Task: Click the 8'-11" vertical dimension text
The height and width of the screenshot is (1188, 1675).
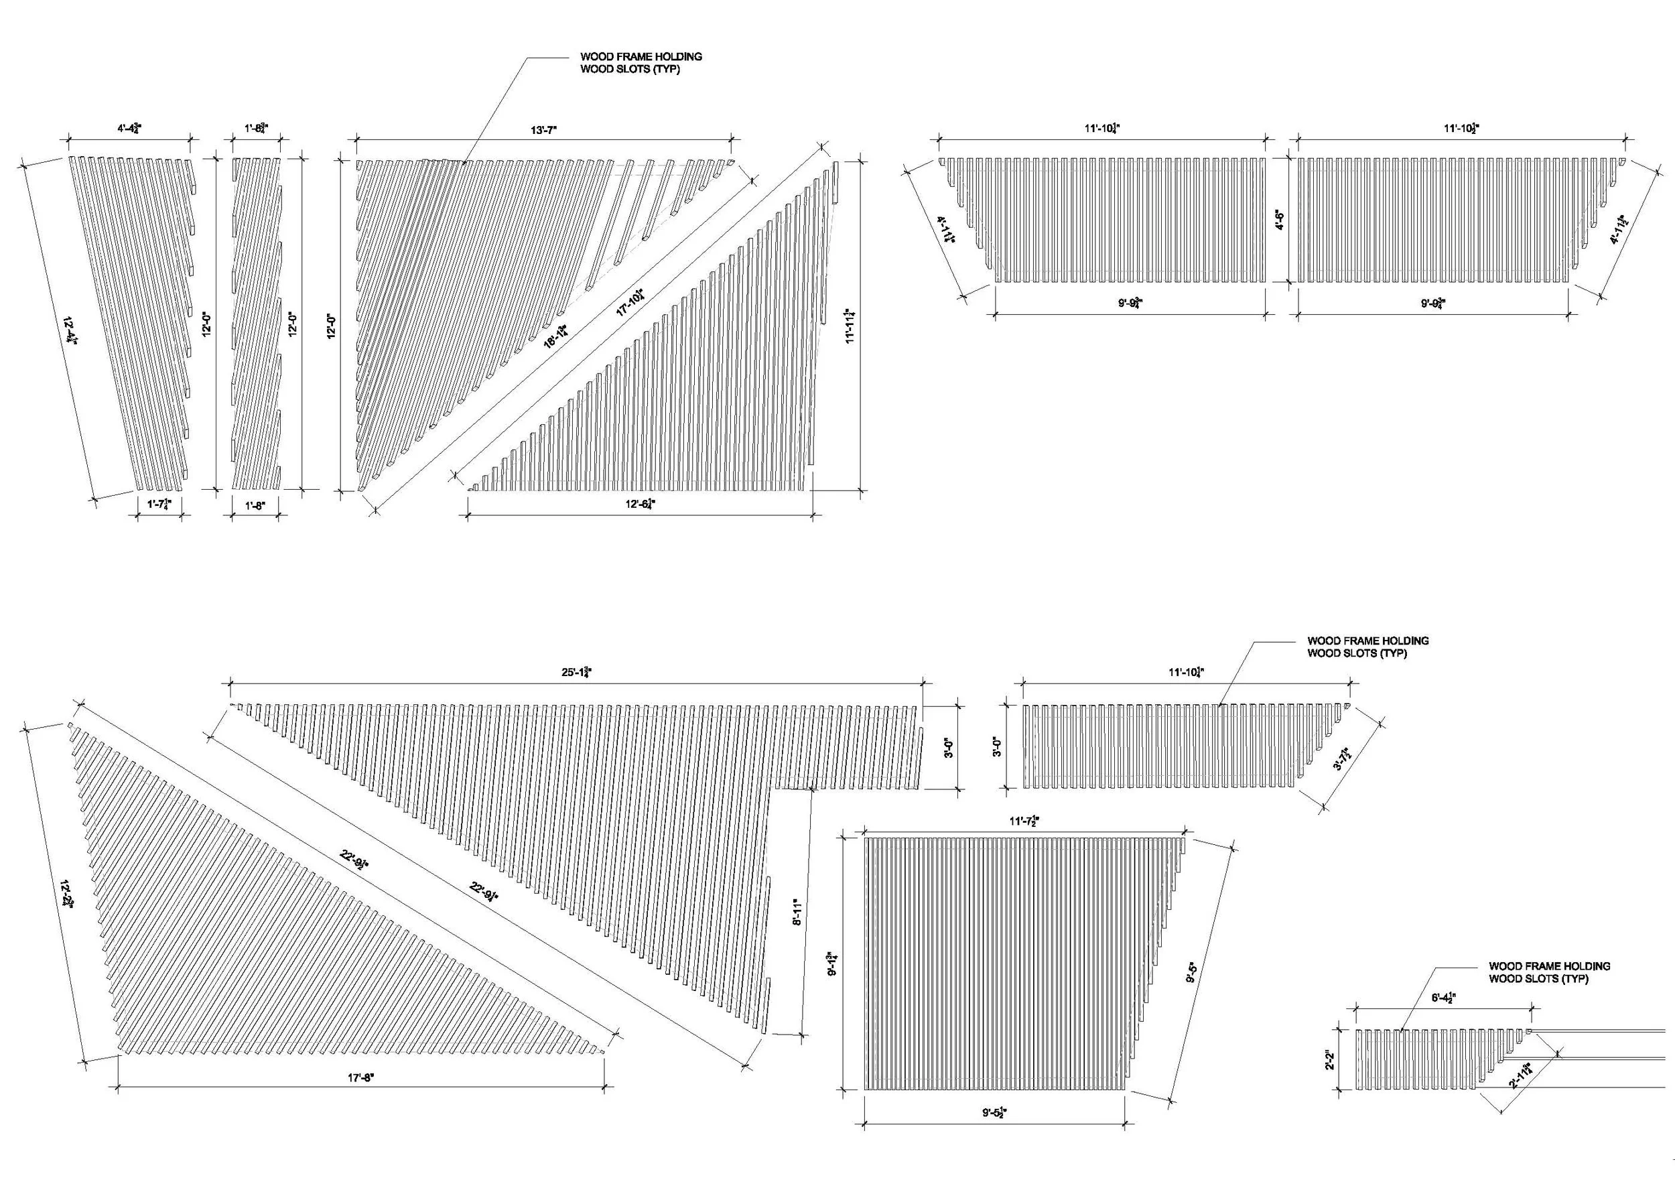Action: click(x=797, y=911)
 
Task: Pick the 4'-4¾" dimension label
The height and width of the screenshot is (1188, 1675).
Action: click(x=129, y=129)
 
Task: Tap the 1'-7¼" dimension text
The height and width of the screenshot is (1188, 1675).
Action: click(x=158, y=505)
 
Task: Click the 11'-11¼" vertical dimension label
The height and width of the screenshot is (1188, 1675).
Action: click(x=850, y=325)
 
